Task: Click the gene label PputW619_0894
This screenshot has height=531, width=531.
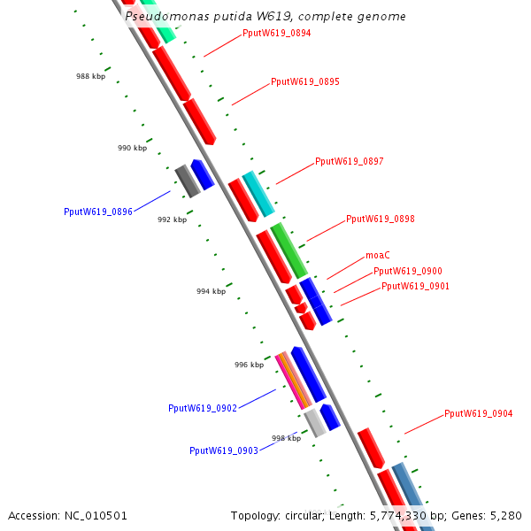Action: [276, 34]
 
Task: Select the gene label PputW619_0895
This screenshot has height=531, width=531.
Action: [305, 81]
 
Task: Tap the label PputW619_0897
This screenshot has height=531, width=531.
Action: [350, 162]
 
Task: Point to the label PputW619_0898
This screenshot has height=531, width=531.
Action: [381, 219]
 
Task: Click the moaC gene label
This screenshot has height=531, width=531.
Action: [378, 255]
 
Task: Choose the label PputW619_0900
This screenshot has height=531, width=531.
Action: [408, 272]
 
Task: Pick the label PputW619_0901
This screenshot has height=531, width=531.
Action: [415, 287]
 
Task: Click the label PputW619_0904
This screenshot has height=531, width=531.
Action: [479, 413]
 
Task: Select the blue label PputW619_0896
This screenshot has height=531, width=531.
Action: [98, 212]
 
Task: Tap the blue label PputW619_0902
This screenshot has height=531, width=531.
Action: [203, 409]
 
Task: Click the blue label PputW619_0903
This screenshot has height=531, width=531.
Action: [224, 450]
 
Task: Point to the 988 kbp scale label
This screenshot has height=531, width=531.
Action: [90, 77]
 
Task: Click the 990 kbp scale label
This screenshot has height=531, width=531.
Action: [132, 149]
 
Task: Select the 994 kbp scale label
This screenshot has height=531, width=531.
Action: [211, 291]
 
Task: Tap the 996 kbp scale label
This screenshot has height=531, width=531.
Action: [249, 365]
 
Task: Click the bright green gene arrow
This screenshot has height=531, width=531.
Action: [289, 250]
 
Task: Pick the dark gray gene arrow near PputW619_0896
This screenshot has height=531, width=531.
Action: [186, 181]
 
